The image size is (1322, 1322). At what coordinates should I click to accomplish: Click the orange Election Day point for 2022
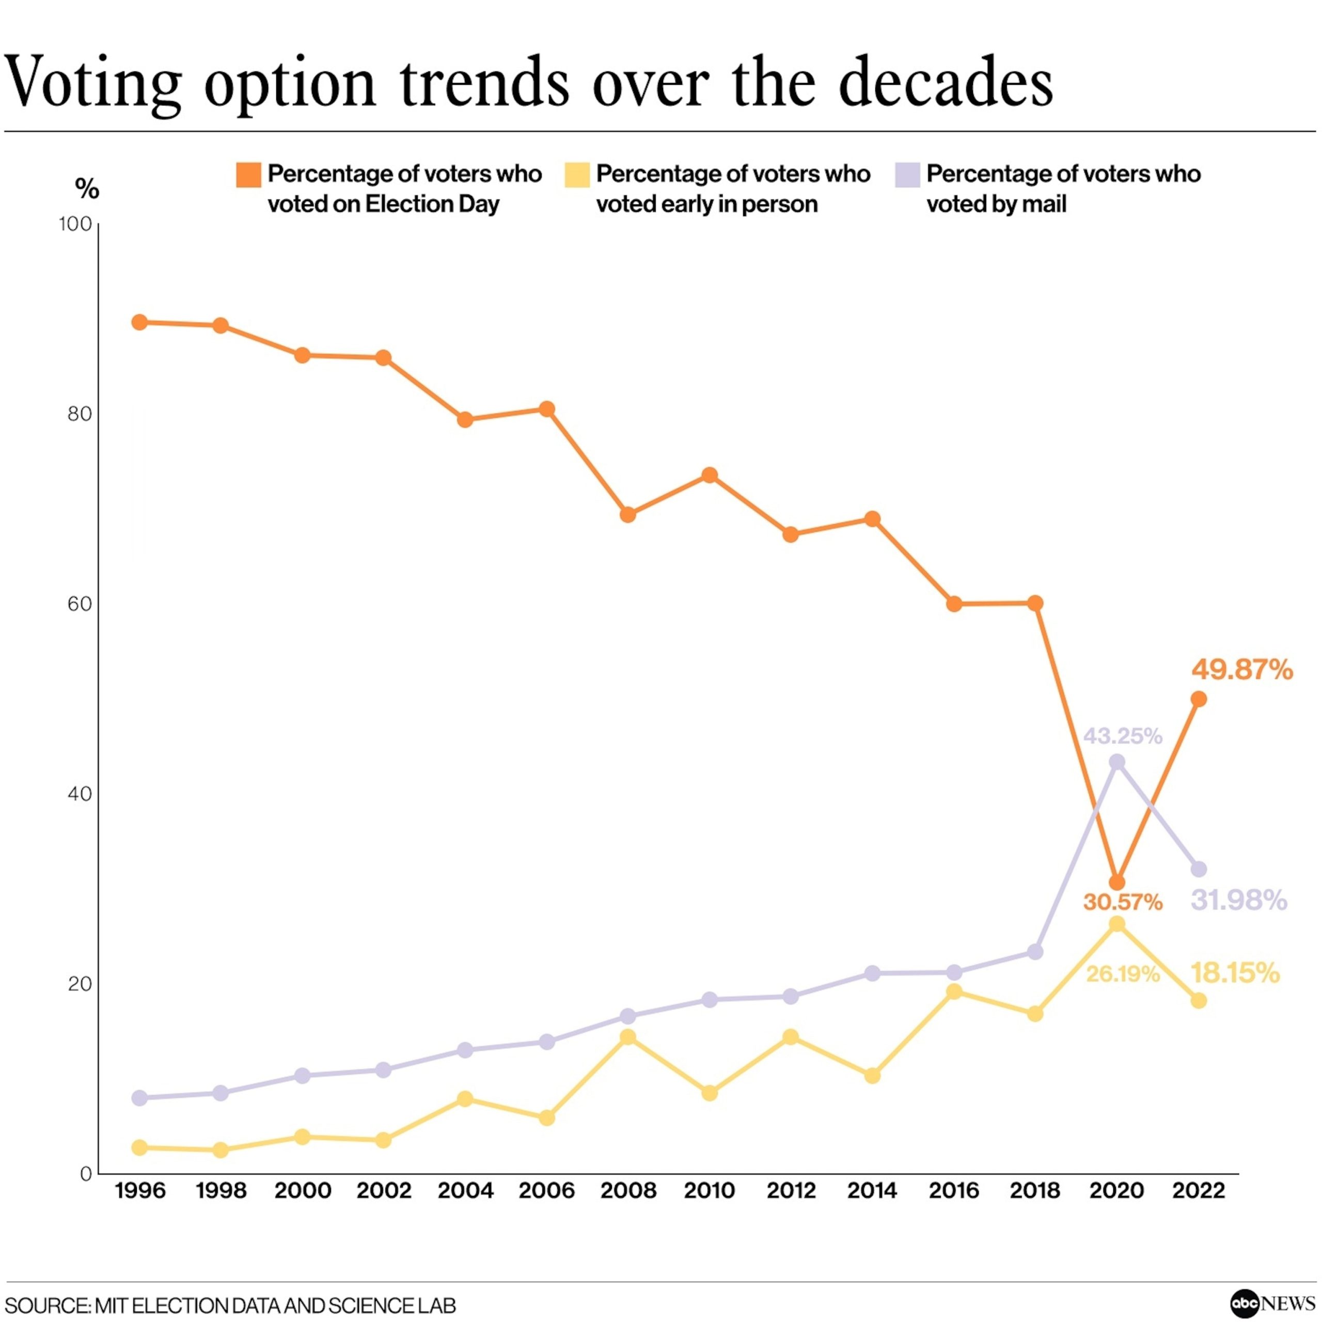(1198, 699)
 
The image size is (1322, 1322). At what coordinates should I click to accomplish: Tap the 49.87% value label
(1242, 670)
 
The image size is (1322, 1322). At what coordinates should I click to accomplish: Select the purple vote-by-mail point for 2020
(1116, 762)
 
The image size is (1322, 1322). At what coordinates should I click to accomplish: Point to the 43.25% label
(1122, 736)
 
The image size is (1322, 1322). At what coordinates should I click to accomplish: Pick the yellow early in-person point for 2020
(1116, 924)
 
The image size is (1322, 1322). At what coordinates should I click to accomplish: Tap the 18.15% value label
(1235, 973)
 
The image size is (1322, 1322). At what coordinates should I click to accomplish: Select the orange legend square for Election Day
(248, 175)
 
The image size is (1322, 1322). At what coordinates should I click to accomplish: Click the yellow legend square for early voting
(577, 175)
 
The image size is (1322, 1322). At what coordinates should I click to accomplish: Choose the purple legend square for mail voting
(907, 175)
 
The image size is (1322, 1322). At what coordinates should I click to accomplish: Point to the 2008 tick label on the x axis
(628, 1191)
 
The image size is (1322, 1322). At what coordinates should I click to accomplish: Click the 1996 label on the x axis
(140, 1191)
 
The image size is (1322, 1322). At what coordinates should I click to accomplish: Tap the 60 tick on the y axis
(80, 604)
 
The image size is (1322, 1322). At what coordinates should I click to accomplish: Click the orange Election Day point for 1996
(139, 322)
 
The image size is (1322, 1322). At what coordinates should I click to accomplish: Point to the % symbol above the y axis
(87, 189)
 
